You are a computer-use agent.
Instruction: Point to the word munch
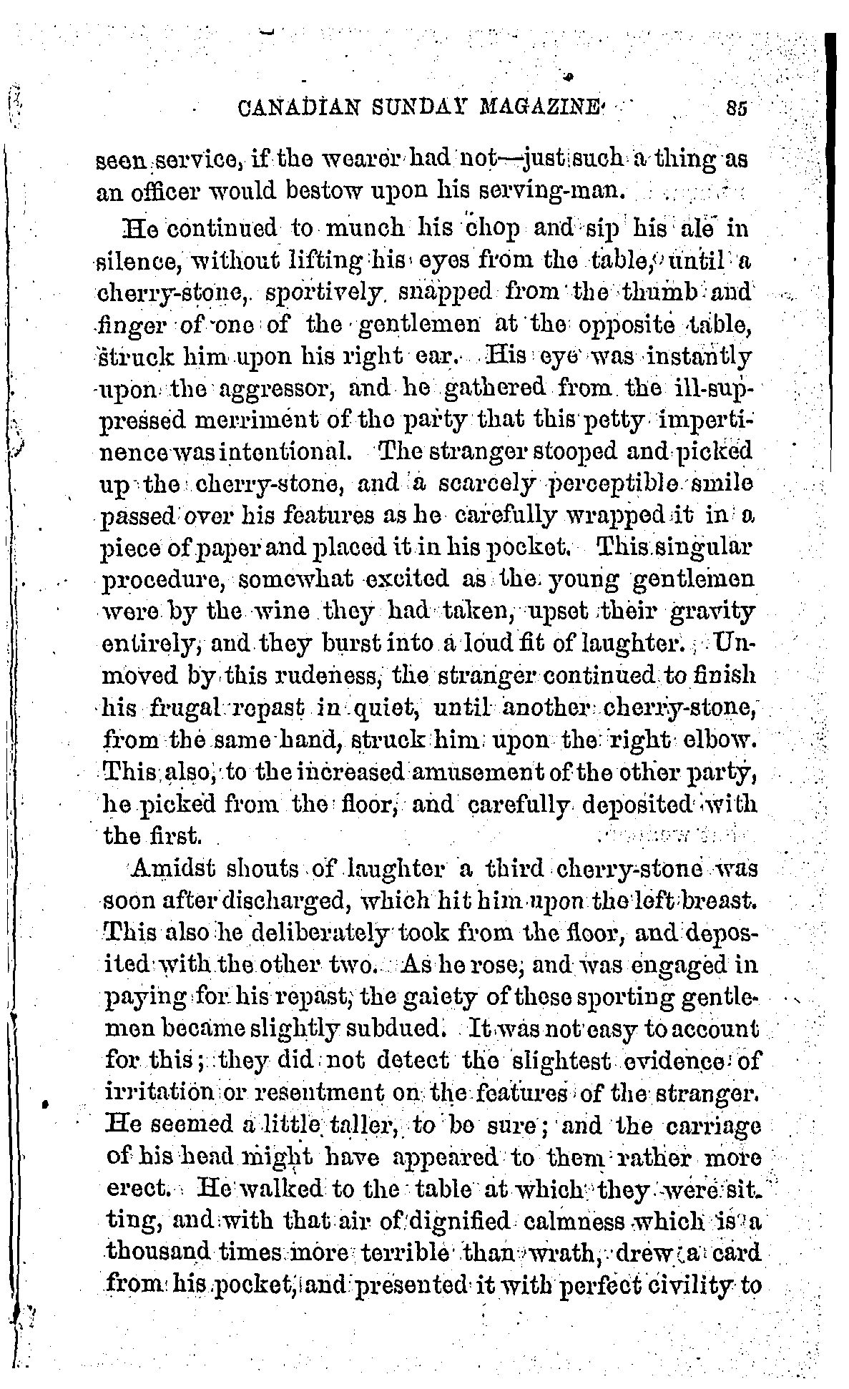[359, 232]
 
